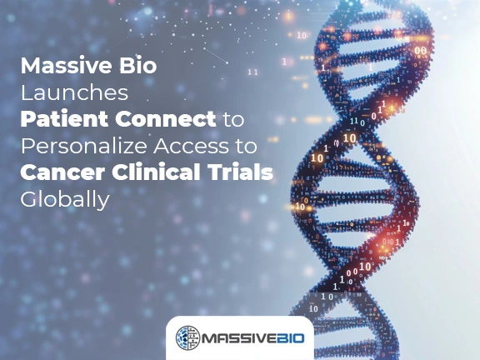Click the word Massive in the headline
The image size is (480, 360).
coord(69,66)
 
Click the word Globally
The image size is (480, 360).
coord(65,201)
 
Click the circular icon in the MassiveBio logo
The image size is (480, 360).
coord(187,337)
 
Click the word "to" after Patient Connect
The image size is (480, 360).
coord(235,120)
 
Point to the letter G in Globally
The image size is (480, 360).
coord(29,201)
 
